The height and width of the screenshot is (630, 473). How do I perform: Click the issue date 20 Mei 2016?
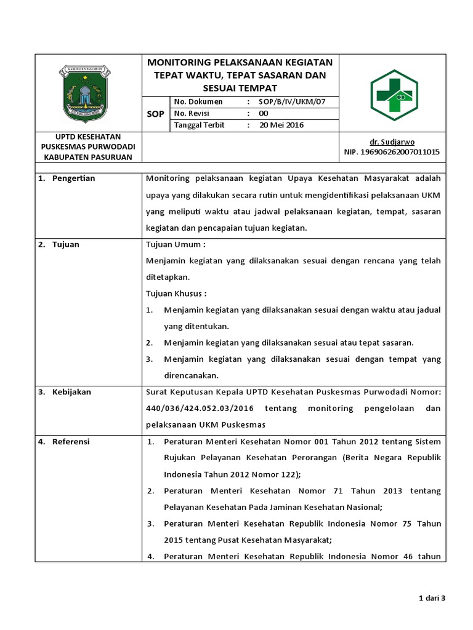click(281, 125)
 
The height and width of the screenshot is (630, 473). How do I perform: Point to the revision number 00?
click(264, 113)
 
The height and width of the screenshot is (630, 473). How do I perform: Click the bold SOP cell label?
click(156, 114)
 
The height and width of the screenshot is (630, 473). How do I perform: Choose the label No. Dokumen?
click(198, 102)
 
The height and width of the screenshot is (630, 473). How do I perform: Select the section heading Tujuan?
click(65, 244)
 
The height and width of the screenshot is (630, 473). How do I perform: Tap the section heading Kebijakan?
click(70, 392)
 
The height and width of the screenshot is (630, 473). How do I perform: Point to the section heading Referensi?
click(71, 442)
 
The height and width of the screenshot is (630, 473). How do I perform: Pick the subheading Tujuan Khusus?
click(176, 293)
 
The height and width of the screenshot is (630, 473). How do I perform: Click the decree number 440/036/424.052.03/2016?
click(200, 409)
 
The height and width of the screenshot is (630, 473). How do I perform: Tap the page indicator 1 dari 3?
click(432, 598)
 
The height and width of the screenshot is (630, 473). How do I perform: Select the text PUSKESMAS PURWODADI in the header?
click(88, 147)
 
